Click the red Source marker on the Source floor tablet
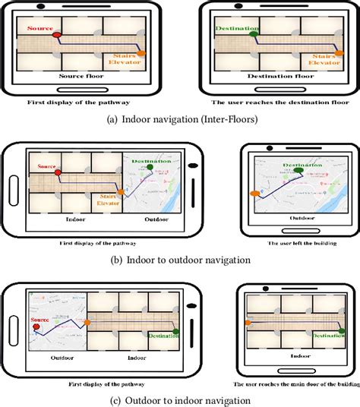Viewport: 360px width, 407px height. [55, 35]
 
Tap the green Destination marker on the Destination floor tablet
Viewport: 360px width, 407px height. [254, 33]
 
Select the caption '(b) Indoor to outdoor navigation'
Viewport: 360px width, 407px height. [179, 260]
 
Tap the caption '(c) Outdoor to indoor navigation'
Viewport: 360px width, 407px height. [179, 400]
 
